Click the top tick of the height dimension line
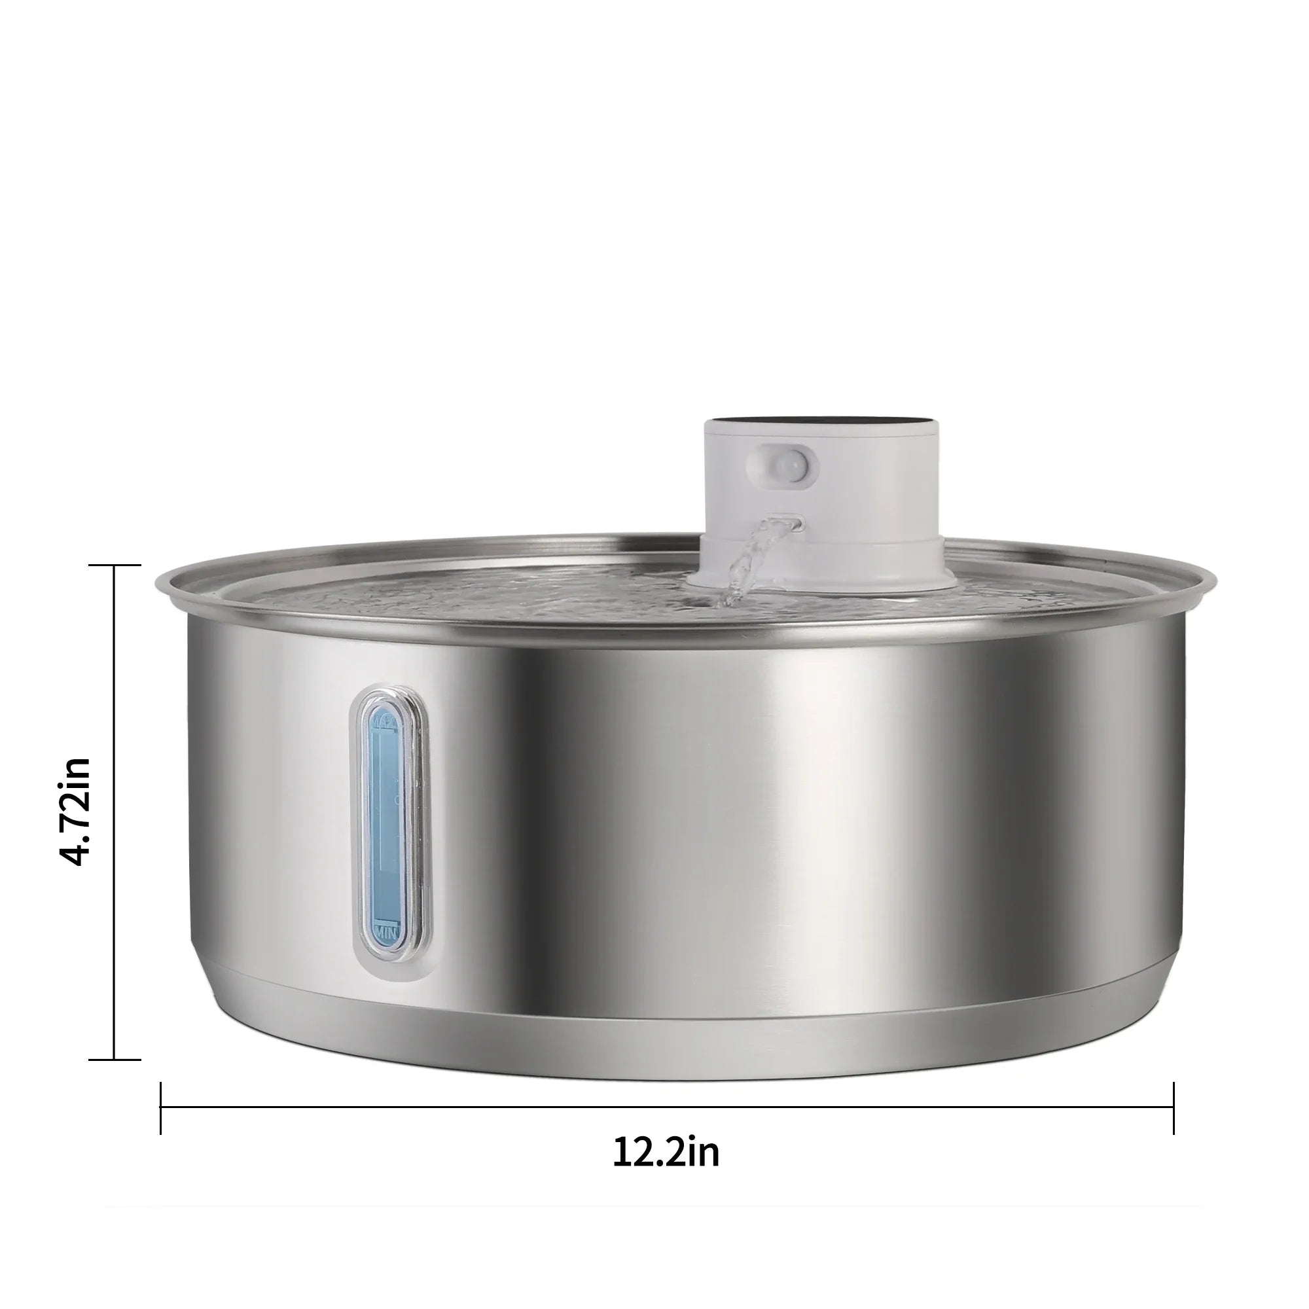point(115,564)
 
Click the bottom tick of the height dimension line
point(115,1059)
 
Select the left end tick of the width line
point(160,1109)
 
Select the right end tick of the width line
point(1174,1109)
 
